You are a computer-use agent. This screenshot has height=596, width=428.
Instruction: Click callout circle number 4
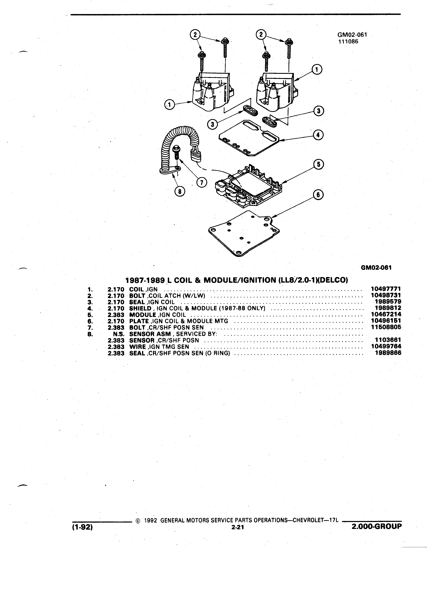coord(318,135)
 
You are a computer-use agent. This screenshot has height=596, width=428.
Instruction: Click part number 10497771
coord(386,289)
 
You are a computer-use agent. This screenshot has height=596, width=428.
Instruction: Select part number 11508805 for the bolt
coord(386,327)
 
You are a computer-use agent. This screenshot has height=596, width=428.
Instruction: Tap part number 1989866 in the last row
coord(388,353)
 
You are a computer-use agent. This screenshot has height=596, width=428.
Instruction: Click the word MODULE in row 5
coord(143,315)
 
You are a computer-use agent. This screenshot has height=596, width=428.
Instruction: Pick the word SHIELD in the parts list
coord(140,308)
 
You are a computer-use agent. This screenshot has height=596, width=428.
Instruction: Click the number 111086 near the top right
coord(348,41)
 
